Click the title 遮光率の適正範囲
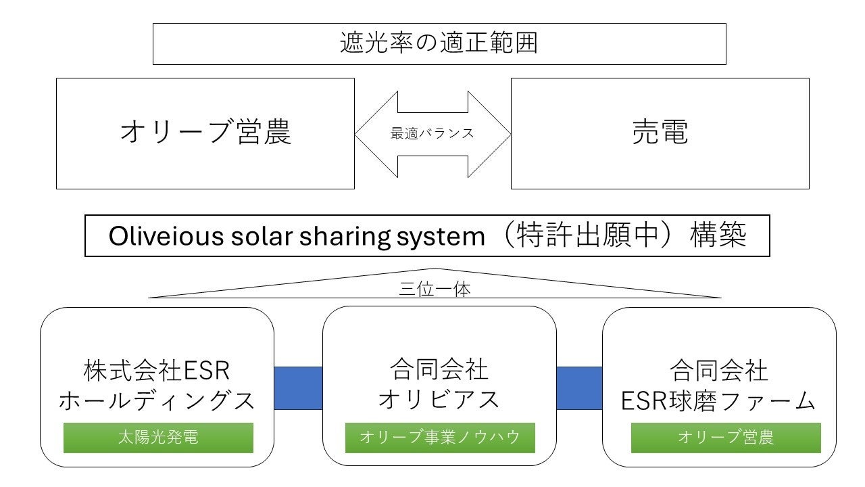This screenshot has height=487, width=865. click(439, 43)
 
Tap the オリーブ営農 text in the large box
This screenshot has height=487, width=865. click(205, 132)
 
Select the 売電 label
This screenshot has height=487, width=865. click(660, 132)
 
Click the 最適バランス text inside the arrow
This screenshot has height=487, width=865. click(432, 134)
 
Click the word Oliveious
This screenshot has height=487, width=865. click(166, 236)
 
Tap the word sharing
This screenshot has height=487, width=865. click(345, 237)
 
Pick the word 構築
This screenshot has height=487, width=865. click(718, 235)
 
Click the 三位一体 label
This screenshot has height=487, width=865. click(435, 289)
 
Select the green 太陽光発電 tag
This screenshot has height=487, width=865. click(158, 438)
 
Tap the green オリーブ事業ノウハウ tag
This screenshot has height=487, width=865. click(440, 438)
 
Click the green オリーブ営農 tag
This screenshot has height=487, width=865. click(726, 438)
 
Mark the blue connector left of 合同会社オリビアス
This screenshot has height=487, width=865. click(298, 388)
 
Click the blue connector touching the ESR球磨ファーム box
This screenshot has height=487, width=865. click(579, 388)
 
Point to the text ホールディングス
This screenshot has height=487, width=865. click(157, 401)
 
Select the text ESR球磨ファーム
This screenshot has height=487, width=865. click(718, 401)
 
